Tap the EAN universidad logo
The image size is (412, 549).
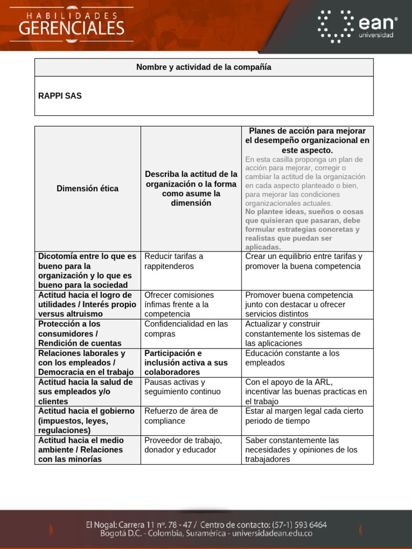[x=357, y=26]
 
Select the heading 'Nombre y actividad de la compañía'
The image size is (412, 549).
[x=204, y=67]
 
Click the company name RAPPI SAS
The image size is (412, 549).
[x=60, y=96]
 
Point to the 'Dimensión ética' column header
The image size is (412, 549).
[x=87, y=189]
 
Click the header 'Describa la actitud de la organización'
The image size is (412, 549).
[x=191, y=189]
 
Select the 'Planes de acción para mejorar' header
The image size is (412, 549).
[x=307, y=140]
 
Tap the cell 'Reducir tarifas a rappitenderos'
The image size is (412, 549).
[x=174, y=261]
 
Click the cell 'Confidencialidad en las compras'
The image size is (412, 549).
[x=186, y=329]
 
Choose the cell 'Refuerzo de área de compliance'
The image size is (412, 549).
[x=181, y=416]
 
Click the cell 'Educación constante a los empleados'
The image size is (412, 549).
[x=292, y=358]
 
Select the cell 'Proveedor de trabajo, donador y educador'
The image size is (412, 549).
[x=183, y=444]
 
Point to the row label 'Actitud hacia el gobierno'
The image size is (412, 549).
[x=86, y=420]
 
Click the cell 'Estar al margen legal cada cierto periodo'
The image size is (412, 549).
[x=304, y=416]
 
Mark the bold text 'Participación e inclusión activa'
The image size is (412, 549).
[x=186, y=362]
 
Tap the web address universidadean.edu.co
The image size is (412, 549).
[x=268, y=533]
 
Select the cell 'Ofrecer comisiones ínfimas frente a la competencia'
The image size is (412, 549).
[x=179, y=304]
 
